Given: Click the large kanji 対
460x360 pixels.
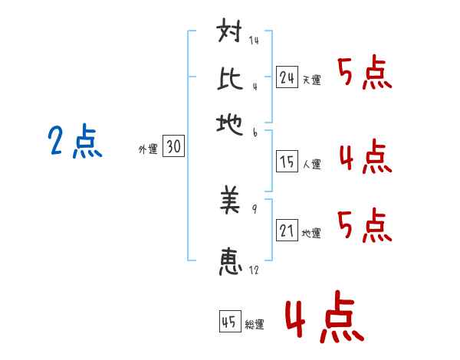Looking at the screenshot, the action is [x=229, y=30].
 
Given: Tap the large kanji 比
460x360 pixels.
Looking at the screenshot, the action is [x=230, y=78].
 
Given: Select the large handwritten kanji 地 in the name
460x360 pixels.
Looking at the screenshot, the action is [x=229, y=124].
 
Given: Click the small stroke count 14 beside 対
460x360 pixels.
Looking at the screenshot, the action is [x=254, y=40].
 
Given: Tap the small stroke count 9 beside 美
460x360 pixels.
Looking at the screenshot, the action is [x=255, y=209].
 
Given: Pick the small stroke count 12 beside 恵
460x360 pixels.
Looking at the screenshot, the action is [x=254, y=270].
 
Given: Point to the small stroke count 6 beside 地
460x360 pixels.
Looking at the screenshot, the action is [x=255, y=133].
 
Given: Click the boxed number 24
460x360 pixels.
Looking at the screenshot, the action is [x=287, y=77].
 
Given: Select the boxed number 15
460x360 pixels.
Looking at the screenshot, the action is [x=287, y=162].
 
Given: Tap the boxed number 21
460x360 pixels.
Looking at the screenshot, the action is [x=287, y=230].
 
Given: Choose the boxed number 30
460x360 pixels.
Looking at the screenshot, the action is [x=173, y=146].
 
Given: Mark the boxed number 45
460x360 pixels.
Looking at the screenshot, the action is [x=230, y=321].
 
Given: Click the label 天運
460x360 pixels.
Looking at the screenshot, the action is [x=312, y=80].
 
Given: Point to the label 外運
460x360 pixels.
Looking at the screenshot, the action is [x=148, y=149].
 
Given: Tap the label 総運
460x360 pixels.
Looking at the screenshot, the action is [x=255, y=325].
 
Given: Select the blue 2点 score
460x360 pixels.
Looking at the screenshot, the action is [x=75, y=140].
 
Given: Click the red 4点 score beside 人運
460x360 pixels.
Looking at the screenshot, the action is [x=366, y=156].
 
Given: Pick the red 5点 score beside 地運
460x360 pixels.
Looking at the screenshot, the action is [x=365, y=225].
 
